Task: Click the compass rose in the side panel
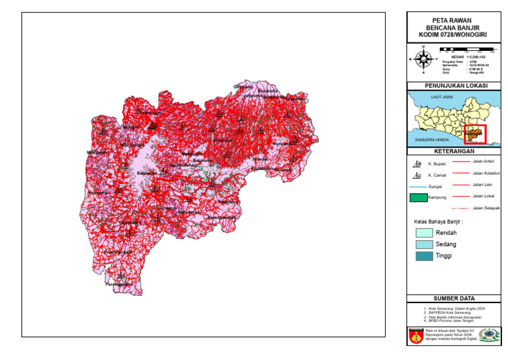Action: pyautogui.click(x=423, y=59)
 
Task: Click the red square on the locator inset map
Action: pyautogui.click(x=474, y=134)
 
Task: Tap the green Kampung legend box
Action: pyautogui.click(x=418, y=197)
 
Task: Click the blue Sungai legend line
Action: pyautogui.click(x=418, y=187)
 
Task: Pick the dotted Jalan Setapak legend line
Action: pyautogui.click(x=460, y=208)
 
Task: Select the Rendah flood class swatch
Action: pyautogui.click(x=424, y=233)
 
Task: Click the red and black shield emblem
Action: pyautogui.click(x=415, y=334)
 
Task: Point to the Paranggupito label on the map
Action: pyautogui.click(x=120, y=285)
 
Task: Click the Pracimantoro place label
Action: pyautogui.click(x=118, y=252)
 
